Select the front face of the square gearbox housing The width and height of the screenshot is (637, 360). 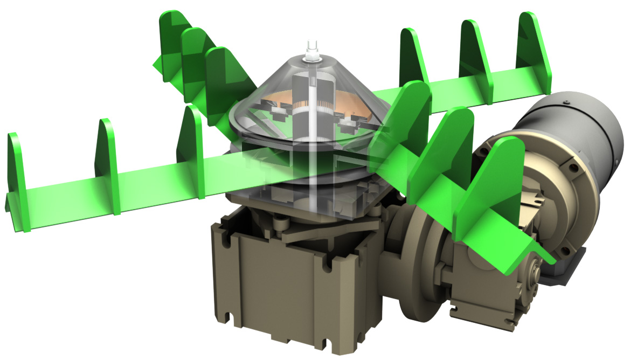coord(280,286)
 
